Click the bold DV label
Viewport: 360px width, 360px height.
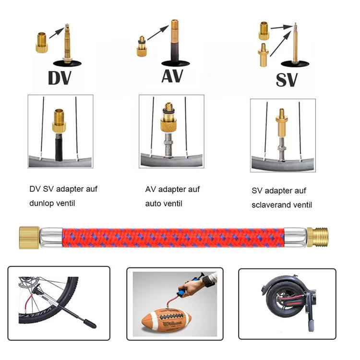(x=60, y=78)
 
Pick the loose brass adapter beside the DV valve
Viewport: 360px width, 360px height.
(x=42, y=41)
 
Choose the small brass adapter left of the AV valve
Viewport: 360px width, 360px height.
(x=141, y=47)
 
